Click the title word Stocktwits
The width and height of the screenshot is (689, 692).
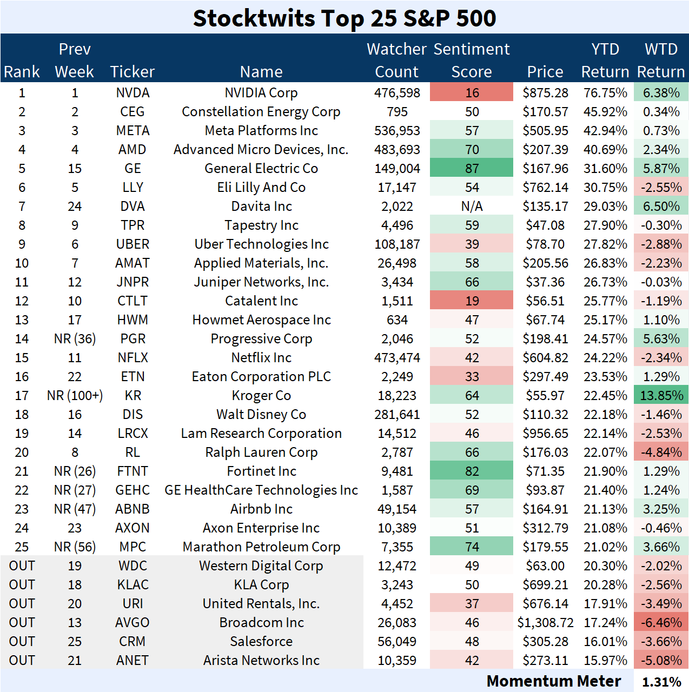point(254,18)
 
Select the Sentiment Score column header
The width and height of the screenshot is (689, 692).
point(472,60)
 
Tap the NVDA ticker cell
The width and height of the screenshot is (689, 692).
point(132,93)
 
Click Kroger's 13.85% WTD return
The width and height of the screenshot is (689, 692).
point(661,396)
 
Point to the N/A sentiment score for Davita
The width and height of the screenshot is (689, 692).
point(472,207)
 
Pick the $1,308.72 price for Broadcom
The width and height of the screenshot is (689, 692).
point(545,623)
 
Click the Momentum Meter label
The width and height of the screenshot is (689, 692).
point(553,681)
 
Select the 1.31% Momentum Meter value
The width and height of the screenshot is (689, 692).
point(661,682)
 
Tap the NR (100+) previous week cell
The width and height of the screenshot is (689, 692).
point(75,396)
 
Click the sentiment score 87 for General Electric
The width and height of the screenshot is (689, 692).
point(472,169)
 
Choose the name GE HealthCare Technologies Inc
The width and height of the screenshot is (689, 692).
point(261,490)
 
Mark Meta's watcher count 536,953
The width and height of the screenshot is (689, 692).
point(397,131)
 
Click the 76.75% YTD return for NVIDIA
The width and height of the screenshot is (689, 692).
point(605,93)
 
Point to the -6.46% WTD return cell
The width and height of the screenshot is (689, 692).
point(661,623)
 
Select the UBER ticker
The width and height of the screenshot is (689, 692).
point(132,244)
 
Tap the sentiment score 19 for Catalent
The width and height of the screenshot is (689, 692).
point(472,301)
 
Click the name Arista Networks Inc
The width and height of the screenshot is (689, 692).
point(261,661)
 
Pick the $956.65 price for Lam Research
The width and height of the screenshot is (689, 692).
point(545,434)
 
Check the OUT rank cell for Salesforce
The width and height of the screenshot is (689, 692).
point(22,642)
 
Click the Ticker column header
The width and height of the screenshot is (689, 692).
point(132,72)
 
